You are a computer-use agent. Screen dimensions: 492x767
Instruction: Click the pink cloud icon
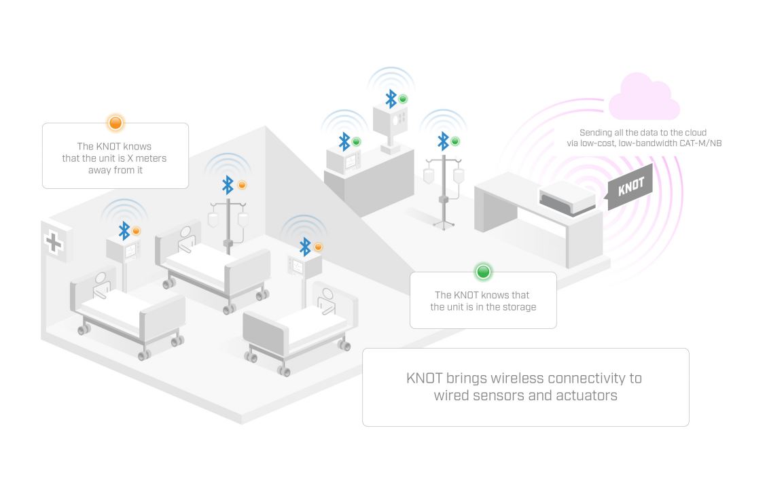tap(643, 98)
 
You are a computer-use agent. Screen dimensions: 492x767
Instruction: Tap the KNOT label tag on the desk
tap(631, 187)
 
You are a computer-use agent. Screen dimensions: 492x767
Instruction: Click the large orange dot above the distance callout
tap(115, 123)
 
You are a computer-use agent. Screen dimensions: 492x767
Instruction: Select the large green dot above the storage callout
tap(483, 272)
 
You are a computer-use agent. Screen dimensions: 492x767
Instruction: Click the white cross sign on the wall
tap(53, 241)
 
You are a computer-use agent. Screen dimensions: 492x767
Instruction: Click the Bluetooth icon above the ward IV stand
tap(228, 184)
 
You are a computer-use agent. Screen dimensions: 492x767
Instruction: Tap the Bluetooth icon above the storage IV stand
tap(443, 141)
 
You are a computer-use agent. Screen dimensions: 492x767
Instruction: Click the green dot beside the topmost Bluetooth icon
tap(403, 99)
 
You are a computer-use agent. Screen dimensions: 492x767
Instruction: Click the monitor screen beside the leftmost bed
tap(130, 251)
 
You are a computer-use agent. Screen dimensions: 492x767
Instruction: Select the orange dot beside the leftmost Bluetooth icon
tap(136, 231)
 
